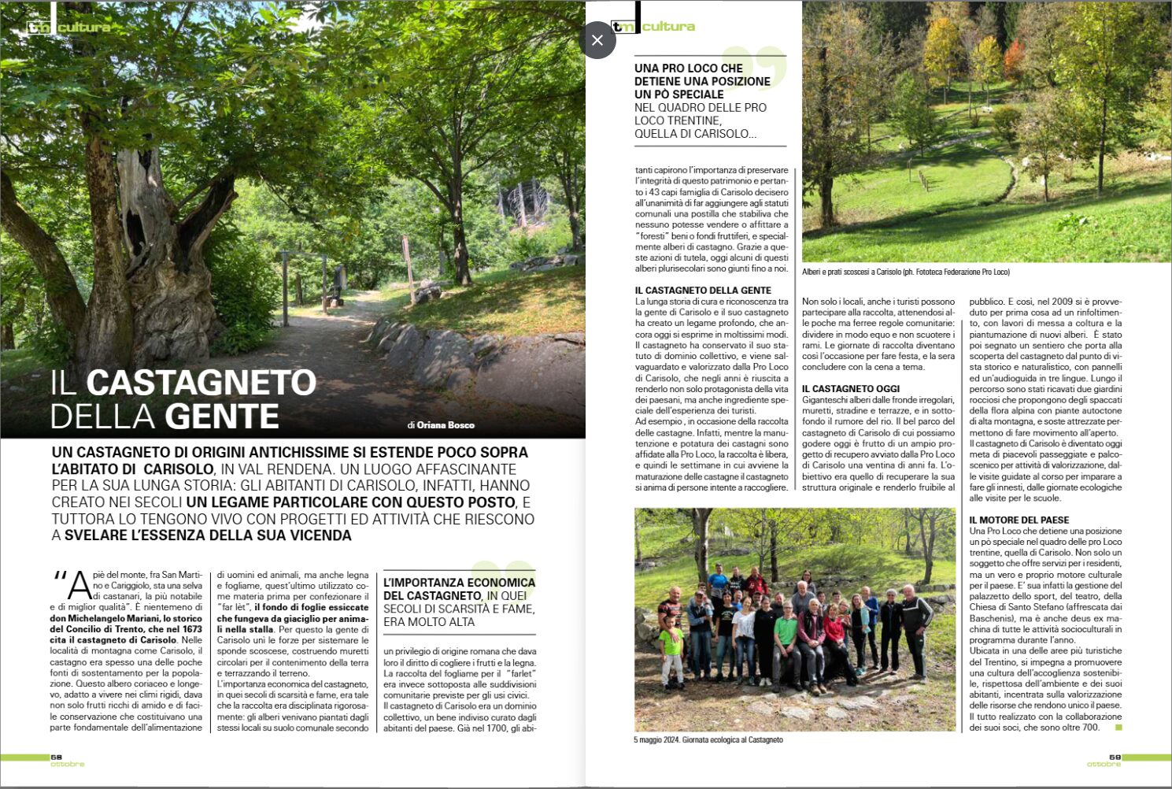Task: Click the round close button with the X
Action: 597,40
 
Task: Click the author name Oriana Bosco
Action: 446,425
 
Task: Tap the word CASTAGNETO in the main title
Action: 201,383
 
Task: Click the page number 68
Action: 56,758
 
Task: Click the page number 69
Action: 1115,758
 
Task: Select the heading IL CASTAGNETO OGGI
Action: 851,389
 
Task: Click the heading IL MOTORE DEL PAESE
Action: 1019,520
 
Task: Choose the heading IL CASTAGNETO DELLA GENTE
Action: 703,291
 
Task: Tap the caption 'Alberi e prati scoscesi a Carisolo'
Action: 905,272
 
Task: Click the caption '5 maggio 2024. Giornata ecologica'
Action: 708,740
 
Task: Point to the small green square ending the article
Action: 1118,728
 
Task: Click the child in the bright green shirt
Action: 671,642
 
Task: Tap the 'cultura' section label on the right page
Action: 668,27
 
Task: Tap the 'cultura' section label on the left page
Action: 84,28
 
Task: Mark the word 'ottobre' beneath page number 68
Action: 68,765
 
